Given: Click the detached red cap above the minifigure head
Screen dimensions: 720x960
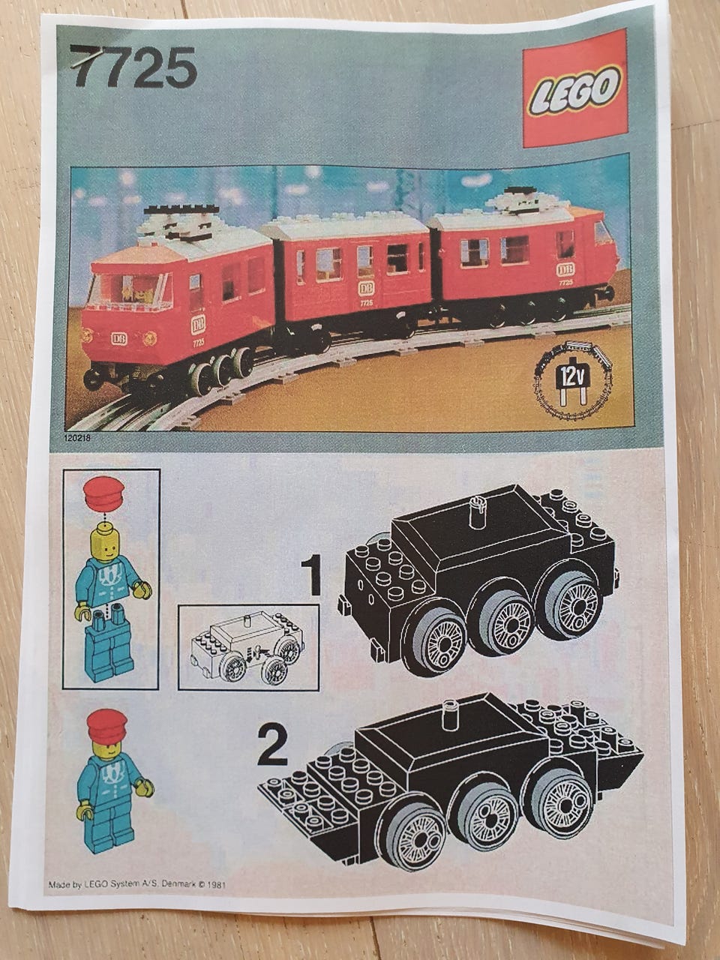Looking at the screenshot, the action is click(x=104, y=493).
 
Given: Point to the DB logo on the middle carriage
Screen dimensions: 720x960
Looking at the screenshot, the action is click(x=366, y=288).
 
